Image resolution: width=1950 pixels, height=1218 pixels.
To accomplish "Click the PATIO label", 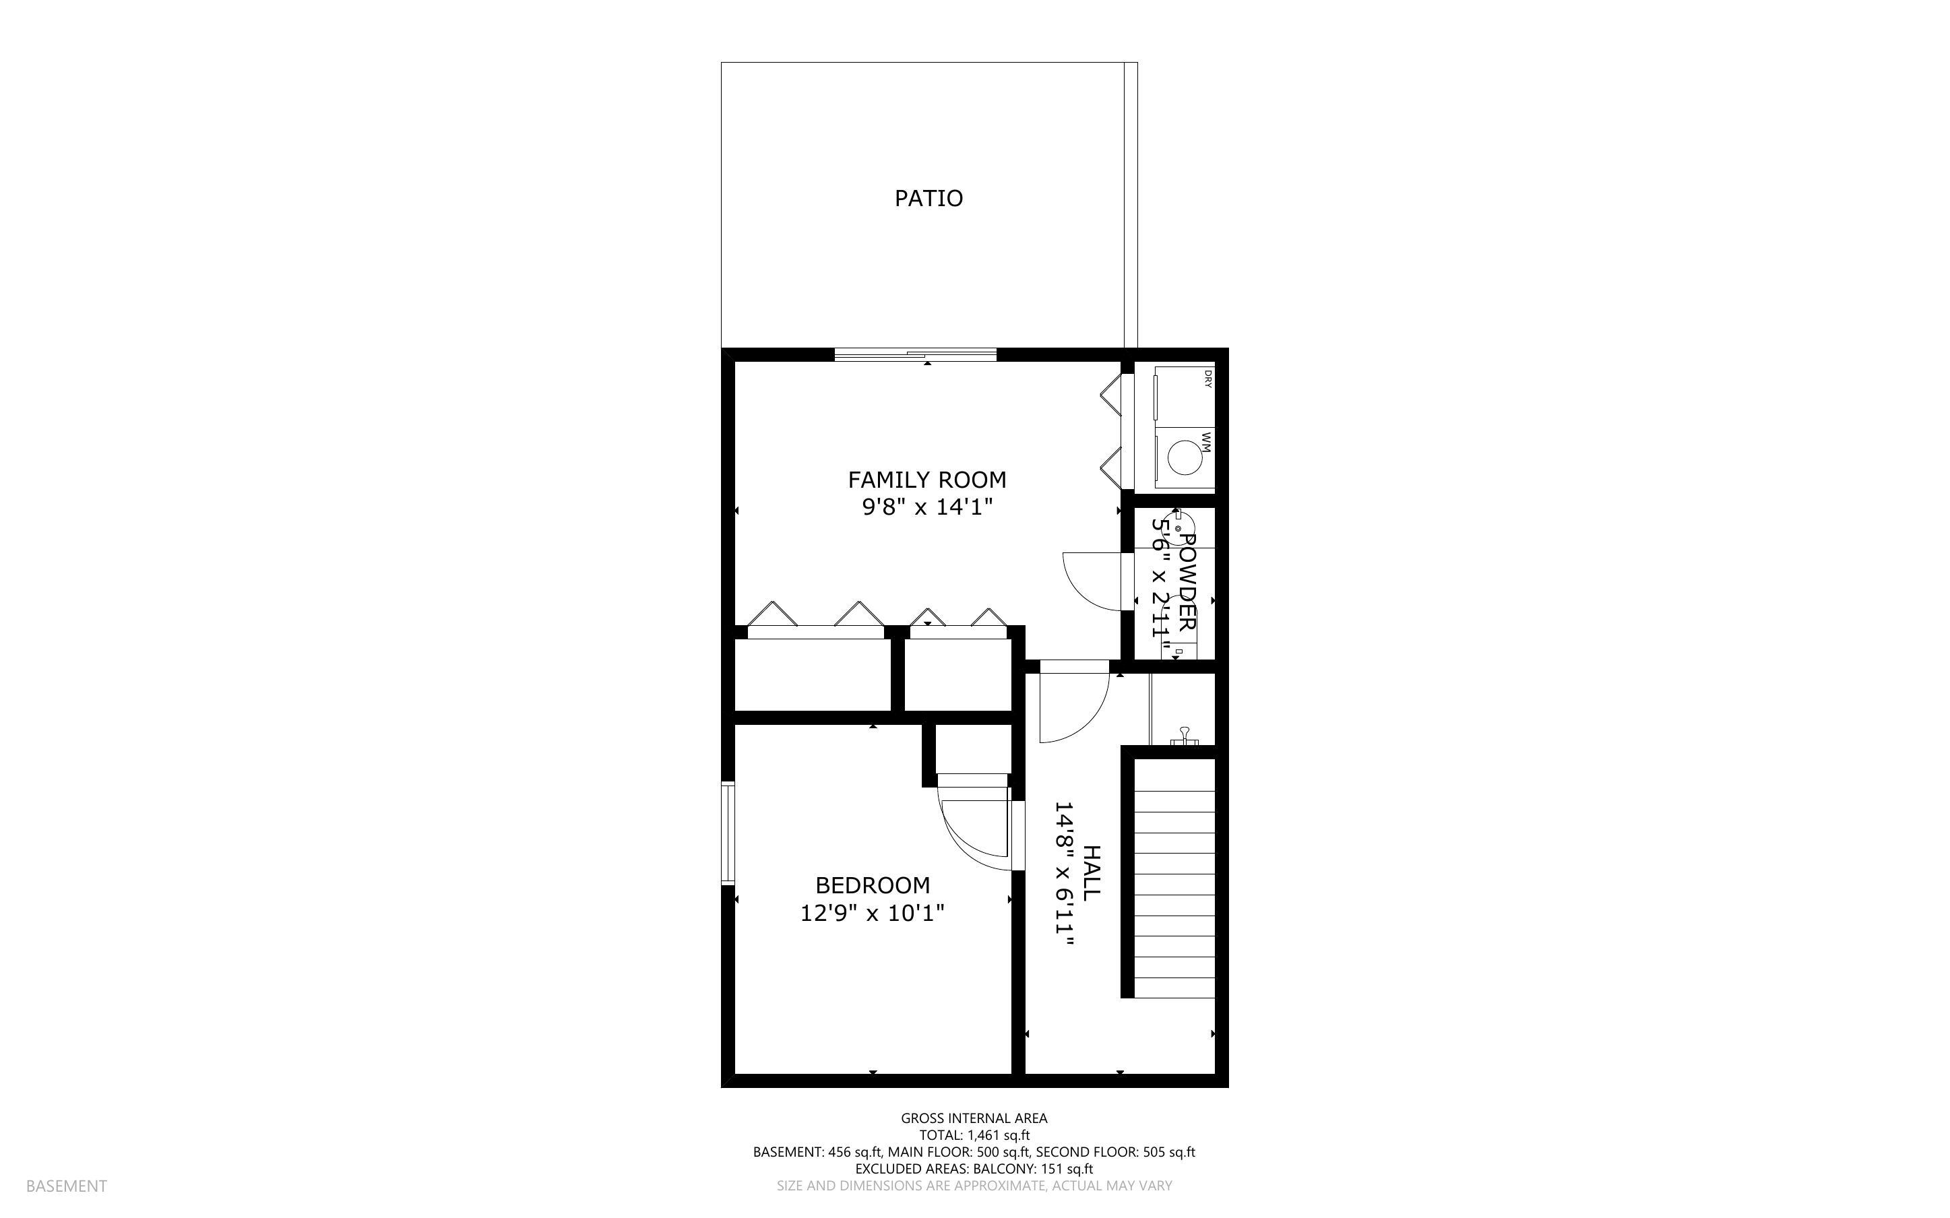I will (x=929, y=198).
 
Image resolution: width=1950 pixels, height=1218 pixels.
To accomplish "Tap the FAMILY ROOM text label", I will (x=927, y=480).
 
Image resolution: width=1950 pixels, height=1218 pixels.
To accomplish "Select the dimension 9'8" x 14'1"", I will (x=927, y=507).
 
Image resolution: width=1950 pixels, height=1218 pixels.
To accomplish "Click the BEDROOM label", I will (x=873, y=886).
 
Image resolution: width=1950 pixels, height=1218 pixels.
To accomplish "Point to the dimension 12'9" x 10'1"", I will (x=873, y=913).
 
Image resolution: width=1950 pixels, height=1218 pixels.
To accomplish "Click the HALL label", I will (x=1092, y=873).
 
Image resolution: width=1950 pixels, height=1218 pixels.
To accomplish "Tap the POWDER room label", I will (x=1187, y=581).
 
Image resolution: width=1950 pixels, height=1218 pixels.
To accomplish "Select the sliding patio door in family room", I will (x=916, y=354).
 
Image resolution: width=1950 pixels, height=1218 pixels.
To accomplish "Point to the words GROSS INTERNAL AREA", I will (x=974, y=1118).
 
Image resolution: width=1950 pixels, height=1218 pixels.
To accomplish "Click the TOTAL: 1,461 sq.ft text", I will (x=974, y=1135).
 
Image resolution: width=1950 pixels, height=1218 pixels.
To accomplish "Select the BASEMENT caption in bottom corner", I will (x=66, y=1186).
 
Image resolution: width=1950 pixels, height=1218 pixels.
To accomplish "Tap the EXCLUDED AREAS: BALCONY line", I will (x=974, y=1169).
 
